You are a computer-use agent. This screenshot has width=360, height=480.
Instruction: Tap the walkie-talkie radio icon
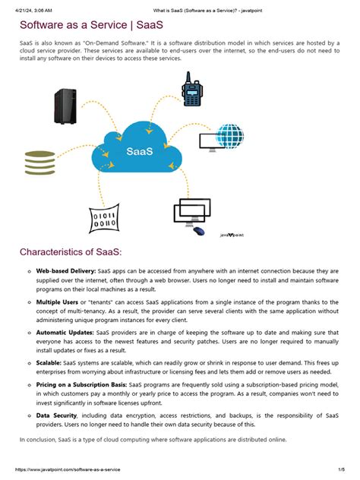click(x=192, y=91)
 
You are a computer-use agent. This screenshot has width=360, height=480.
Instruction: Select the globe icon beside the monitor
click(x=230, y=137)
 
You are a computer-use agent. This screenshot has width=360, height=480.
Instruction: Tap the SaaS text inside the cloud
click(x=139, y=153)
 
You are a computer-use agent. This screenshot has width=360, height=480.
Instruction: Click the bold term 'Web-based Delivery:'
click(x=65, y=271)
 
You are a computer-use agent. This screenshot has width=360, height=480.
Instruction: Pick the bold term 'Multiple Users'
click(x=58, y=302)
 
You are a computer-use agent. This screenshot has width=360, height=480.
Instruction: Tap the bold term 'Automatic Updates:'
click(x=65, y=333)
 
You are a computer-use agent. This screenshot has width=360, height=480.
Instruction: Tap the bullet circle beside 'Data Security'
click(x=28, y=417)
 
